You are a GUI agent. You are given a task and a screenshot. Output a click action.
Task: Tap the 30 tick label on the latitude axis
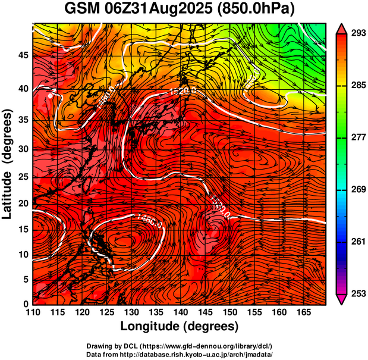tap(23, 149)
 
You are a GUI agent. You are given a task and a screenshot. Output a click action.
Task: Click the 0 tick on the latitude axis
tap(26, 304)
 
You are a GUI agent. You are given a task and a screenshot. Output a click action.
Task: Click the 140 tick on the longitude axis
tap(180, 312)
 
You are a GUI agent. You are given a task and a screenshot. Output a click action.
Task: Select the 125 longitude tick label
tap(106, 312)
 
